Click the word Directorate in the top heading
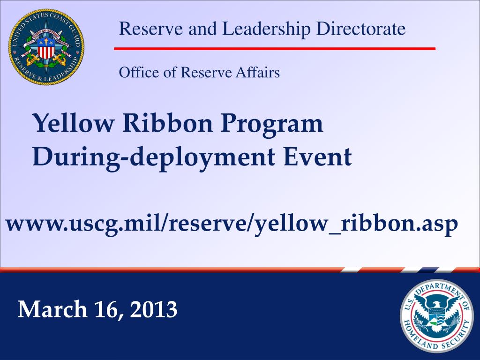click(x=360, y=29)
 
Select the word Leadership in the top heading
click(x=266, y=29)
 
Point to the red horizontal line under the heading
click(x=275, y=48)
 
